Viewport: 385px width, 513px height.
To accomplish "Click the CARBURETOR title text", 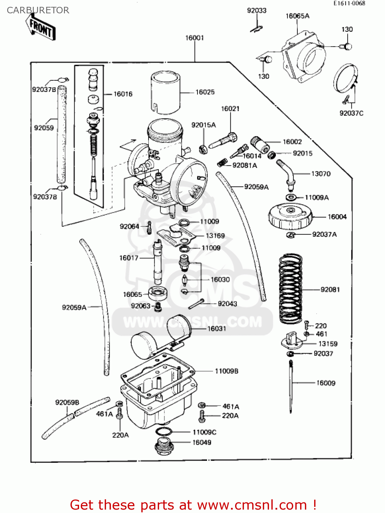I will pos(38,10).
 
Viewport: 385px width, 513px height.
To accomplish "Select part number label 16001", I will pos(194,38).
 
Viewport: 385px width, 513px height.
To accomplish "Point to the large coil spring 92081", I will pos(291,289).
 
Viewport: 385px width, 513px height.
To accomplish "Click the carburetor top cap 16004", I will pos(290,216).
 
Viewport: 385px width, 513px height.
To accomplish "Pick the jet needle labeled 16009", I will pos(291,386).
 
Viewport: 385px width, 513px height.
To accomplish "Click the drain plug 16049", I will pos(164,446).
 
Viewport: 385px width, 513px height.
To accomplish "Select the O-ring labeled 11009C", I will pos(164,431).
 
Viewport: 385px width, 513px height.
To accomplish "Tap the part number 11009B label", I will pos(226,371).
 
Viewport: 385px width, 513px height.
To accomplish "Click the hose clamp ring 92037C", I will pos(346,78).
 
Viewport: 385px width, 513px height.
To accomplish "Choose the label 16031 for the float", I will pos(217,329).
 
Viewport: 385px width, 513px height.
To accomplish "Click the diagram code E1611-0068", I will pos(349,3).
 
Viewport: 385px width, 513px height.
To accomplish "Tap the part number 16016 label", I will pos(123,94).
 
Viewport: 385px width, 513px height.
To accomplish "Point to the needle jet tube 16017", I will pos(157,262).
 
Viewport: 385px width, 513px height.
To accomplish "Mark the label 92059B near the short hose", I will pos(67,403).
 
